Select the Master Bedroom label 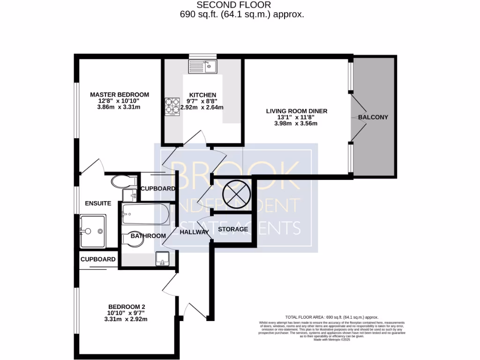pyautogui.click(x=120, y=94)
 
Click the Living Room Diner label pyautogui.click(x=297, y=111)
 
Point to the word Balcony pyautogui.click(x=373, y=117)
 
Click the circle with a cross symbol pyautogui.click(x=232, y=193)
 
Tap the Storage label pyautogui.click(x=233, y=229)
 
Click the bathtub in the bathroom pyautogui.click(x=145, y=214)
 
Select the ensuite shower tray pyautogui.click(x=93, y=231)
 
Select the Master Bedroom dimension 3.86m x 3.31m pyautogui.click(x=120, y=107)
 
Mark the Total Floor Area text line pyautogui.click(x=331, y=317)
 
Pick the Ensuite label pyautogui.click(x=98, y=203)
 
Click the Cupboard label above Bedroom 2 pyautogui.click(x=98, y=259)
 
